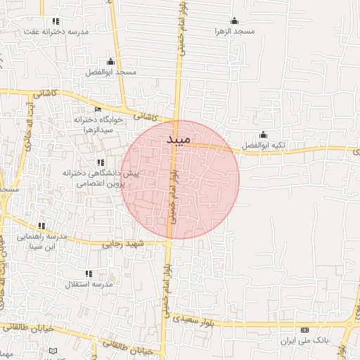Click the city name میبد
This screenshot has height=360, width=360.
tap(179, 140)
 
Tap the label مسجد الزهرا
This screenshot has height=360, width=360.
tap(234, 32)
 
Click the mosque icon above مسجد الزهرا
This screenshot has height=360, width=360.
tap(234, 20)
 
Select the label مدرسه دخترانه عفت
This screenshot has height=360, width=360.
tap(56, 32)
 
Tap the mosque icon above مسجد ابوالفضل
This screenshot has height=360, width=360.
tap(110, 61)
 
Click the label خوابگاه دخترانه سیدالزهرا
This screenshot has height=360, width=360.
tap(98, 124)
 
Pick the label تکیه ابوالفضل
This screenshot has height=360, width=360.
tap(264, 146)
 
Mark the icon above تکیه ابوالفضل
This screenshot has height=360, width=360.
tap(264, 134)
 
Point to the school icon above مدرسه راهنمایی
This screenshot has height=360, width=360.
tap(43, 226)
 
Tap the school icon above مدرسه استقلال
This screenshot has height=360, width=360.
tap(89, 273)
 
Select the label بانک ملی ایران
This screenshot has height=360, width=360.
tap(304, 340)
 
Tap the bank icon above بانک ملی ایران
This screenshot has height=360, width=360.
tap(304, 330)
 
